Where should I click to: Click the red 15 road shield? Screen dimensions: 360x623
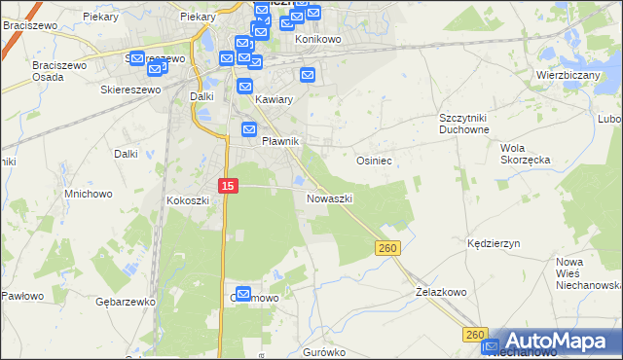pyautogui.click(x=227, y=185)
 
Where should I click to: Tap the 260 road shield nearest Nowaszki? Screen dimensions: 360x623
pyautogui.click(x=386, y=249)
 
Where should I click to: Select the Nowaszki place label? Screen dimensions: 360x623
pyautogui.click(x=329, y=198)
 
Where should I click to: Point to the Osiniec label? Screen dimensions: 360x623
pyautogui.click(x=375, y=161)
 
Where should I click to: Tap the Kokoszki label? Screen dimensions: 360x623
pyautogui.click(x=188, y=200)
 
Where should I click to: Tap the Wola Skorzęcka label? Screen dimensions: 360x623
pyautogui.click(x=526, y=154)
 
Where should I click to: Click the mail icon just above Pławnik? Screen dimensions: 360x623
pyautogui.click(x=249, y=128)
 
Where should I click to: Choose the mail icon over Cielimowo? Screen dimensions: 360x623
pyautogui.click(x=242, y=294)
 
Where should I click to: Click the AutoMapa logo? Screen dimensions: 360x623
pyautogui.click(x=555, y=342)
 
